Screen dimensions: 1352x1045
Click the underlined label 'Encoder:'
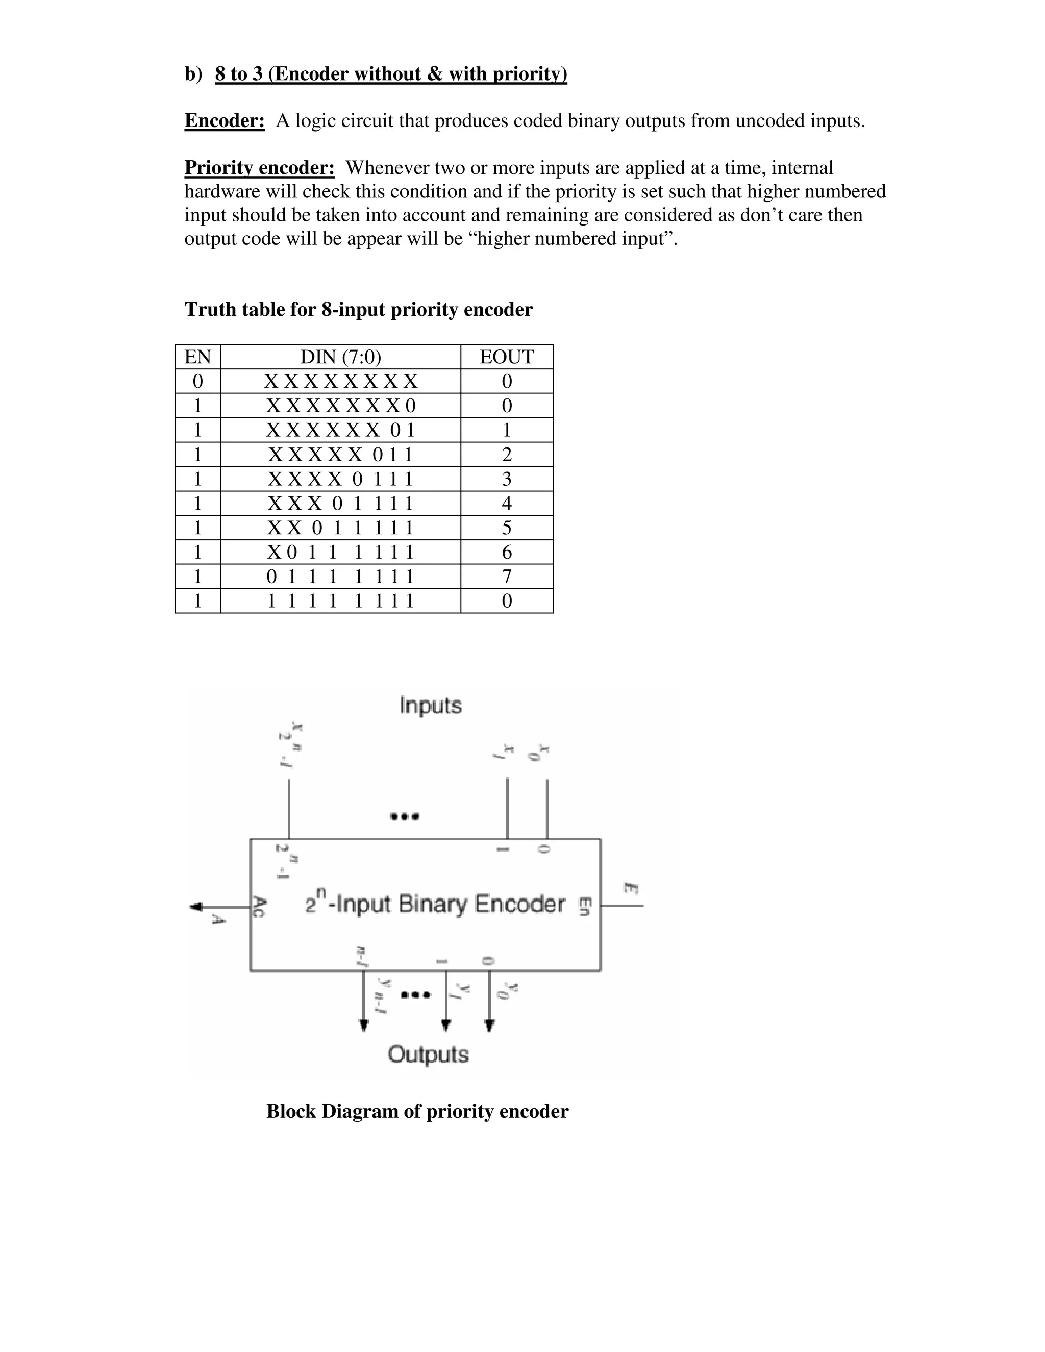coord(224,121)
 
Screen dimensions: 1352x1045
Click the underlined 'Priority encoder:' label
coord(259,168)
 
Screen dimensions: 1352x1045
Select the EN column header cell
coord(197,357)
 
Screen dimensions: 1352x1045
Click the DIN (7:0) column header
coord(340,357)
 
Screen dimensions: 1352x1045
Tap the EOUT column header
coord(506,357)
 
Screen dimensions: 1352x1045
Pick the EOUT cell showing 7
coord(506,577)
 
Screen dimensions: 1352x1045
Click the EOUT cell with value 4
coord(506,503)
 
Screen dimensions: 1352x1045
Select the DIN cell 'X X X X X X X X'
coord(340,381)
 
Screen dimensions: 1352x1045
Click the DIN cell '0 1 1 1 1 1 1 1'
coord(340,577)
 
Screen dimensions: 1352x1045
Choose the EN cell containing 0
coord(197,381)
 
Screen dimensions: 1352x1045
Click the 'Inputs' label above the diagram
coord(430,706)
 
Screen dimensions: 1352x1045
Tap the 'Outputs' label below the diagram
coord(428,1054)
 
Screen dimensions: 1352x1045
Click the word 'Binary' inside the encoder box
coord(433,905)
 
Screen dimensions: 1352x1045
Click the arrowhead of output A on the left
coord(196,907)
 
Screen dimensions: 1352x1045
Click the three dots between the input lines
coord(404,816)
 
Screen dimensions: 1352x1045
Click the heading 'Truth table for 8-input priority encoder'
coord(358,310)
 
